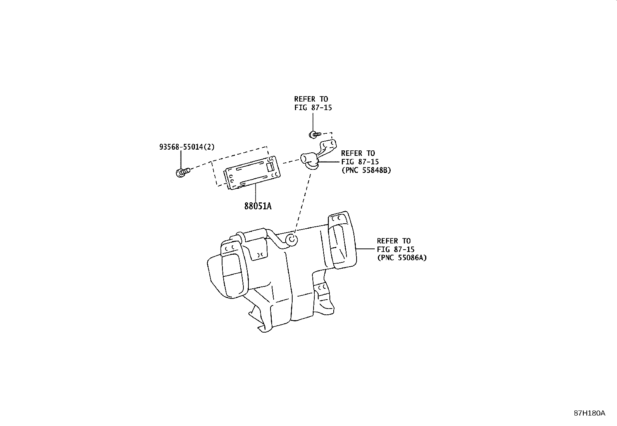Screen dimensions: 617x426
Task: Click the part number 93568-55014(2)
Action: coord(187,147)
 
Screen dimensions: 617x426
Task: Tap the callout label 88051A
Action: coord(258,206)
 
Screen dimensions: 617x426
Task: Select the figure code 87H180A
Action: coord(589,413)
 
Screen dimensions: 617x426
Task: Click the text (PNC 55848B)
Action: coord(366,170)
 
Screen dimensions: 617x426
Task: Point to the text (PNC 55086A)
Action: coord(402,258)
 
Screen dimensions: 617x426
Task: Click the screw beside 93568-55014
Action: coord(183,172)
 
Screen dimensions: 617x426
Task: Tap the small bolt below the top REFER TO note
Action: coord(315,135)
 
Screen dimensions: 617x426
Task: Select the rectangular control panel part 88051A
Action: coord(252,173)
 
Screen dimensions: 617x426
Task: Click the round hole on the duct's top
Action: coord(292,240)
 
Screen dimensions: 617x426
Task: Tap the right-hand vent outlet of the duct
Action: coord(342,240)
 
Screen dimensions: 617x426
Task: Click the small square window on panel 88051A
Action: coord(270,167)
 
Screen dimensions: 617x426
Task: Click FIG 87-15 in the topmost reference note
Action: coord(313,107)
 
